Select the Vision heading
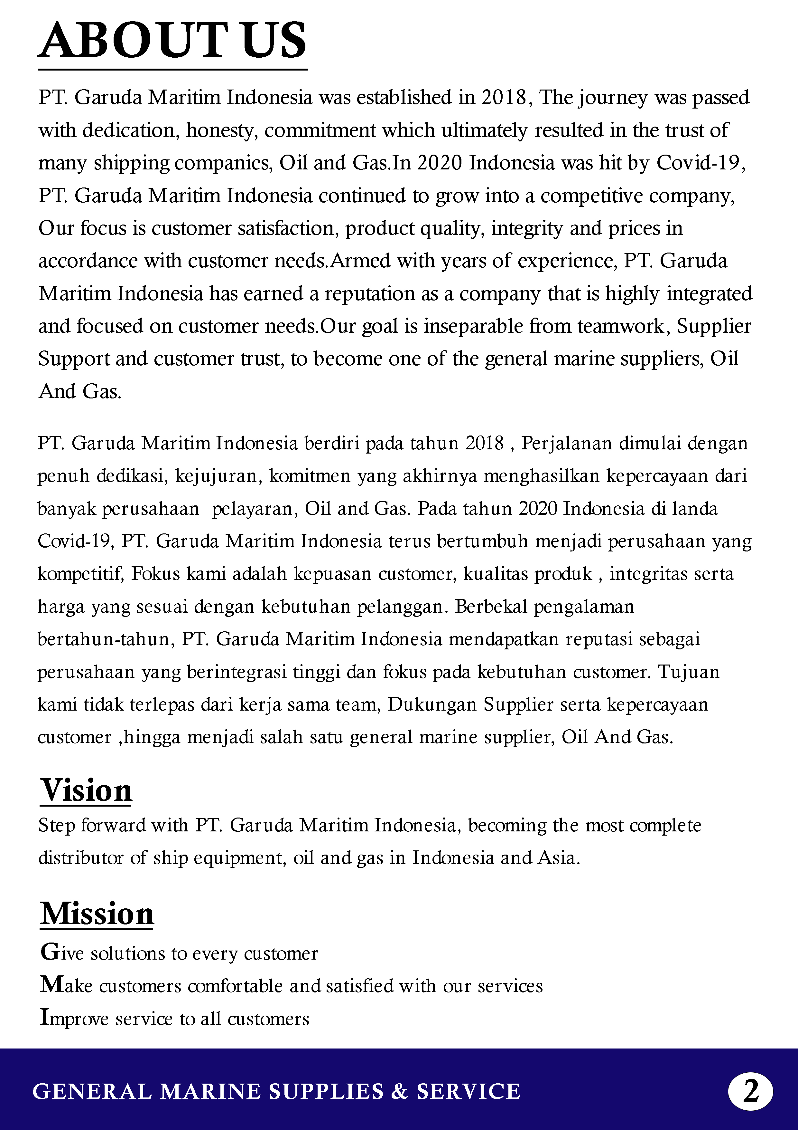pyautogui.click(x=86, y=791)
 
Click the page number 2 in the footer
pyautogui.click(x=750, y=1092)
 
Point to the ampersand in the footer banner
pyautogui.click(x=400, y=1092)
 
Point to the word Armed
pyautogui.click(x=360, y=261)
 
